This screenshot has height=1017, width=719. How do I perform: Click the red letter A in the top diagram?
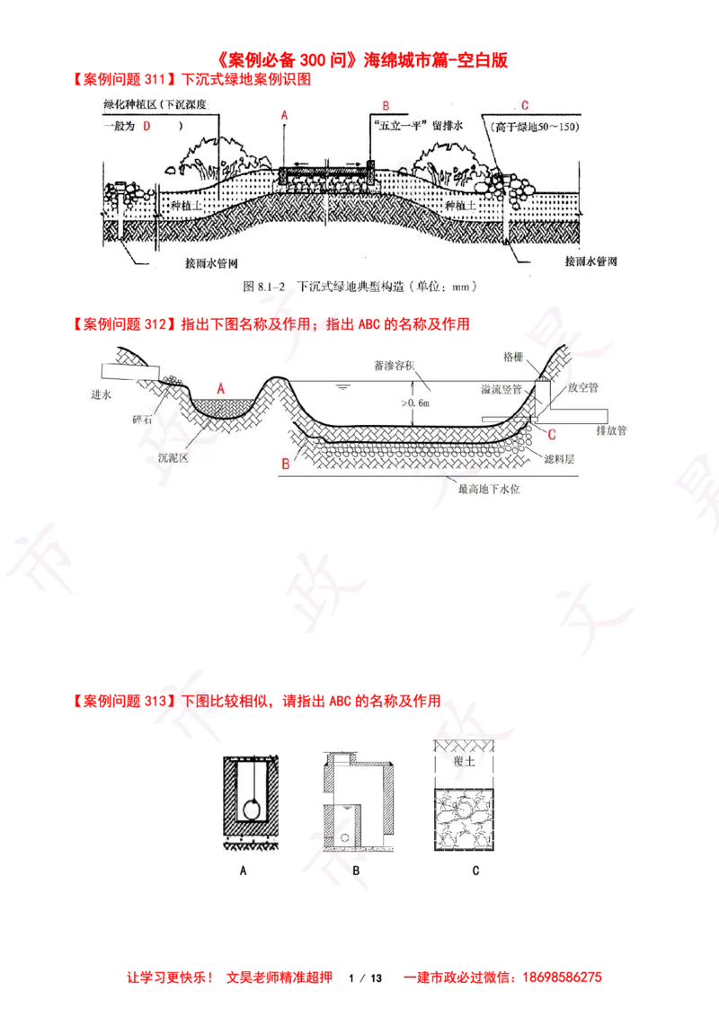tap(284, 116)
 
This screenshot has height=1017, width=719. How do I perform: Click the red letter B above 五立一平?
tap(385, 106)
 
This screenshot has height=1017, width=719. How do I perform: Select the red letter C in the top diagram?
tap(524, 106)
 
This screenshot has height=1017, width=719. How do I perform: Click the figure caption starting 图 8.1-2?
tap(359, 287)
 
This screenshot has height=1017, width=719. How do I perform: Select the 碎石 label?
tap(143, 420)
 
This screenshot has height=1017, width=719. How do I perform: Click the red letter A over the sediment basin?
tap(221, 387)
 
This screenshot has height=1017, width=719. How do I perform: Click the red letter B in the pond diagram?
tap(285, 464)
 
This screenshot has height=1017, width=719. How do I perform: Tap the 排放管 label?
tap(611, 430)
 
